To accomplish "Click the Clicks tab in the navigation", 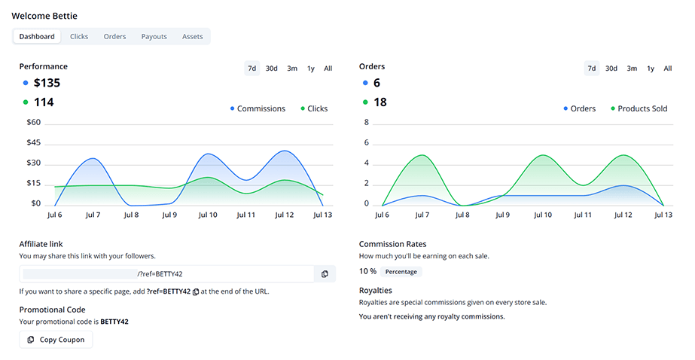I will (x=79, y=36).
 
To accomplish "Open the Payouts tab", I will (x=154, y=36).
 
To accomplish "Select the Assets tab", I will (x=192, y=36).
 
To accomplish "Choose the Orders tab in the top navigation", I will (x=114, y=36).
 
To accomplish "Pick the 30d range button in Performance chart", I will (x=271, y=69).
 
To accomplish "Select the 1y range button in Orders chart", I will (x=651, y=69).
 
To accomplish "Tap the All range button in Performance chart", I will (x=328, y=69).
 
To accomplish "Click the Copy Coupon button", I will (x=56, y=340).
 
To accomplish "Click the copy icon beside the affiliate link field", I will (x=325, y=273).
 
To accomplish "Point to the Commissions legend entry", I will (x=261, y=108).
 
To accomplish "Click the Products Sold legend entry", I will (x=642, y=108).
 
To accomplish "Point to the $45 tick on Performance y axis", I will (x=33, y=142).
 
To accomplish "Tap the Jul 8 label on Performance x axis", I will (x=130, y=215).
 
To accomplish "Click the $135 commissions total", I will (x=47, y=83).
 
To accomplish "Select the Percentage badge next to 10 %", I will (x=401, y=271).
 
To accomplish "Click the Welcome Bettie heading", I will (x=44, y=16).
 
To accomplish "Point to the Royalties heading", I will (x=375, y=290).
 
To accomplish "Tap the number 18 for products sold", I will (x=380, y=102).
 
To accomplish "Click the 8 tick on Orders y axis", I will (x=367, y=122).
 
